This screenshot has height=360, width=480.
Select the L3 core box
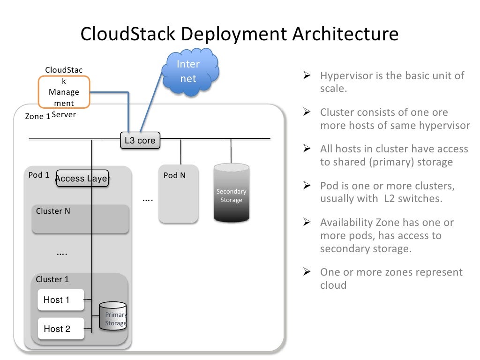140,140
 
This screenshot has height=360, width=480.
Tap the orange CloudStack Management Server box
64,92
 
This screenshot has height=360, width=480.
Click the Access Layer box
82,179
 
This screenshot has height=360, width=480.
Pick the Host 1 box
60,300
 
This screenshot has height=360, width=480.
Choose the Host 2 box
60,329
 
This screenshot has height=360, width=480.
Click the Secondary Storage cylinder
231,193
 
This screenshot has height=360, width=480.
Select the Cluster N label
53,211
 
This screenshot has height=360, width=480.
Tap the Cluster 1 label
52,279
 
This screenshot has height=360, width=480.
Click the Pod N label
174,175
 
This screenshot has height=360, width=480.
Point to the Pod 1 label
38,175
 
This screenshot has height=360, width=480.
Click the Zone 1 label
37,116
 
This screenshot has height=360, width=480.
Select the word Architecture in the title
345,34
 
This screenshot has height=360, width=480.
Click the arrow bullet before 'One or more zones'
307,272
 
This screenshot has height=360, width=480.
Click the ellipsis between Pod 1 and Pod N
148,200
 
